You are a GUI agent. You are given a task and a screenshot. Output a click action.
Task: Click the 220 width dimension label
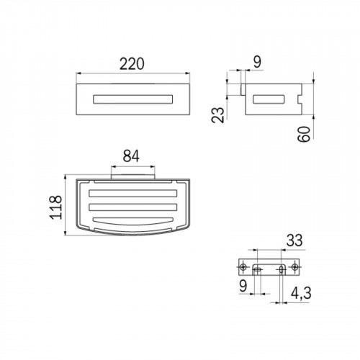pos(132,64)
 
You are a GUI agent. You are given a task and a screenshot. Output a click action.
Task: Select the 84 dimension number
pos(131,156)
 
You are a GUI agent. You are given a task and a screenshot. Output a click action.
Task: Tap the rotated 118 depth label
pos(56,207)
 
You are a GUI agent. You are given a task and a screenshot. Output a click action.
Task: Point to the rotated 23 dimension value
pos(217,115)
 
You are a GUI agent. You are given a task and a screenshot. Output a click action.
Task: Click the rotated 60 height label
pos(304,134)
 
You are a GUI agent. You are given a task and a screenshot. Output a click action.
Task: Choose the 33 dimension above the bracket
pos(294,240)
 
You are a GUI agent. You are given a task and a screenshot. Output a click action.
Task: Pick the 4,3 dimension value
pos(301,293)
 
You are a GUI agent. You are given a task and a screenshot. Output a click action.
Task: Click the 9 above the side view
pos(257,62)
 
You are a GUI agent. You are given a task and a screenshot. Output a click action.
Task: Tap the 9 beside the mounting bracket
pos(243,286)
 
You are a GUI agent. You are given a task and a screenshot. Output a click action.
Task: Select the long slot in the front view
pos(133,99)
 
